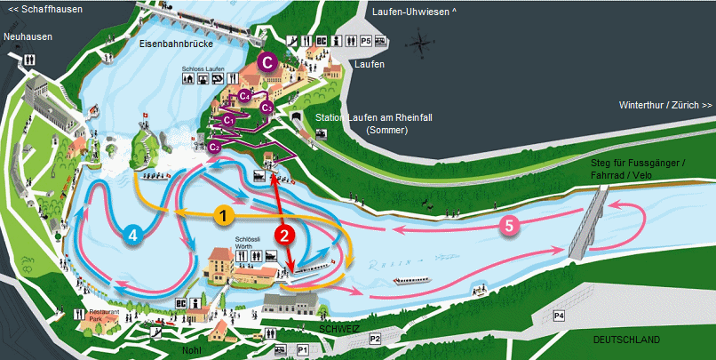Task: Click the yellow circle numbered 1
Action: click(226, 214)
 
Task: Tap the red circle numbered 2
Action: click(285, 235)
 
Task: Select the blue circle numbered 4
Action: click(132, 235)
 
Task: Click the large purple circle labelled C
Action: click(266, 62)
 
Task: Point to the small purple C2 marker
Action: click(214, 147)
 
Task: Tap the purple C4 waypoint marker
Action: click(245, 94)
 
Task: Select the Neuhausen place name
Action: click(28, 36)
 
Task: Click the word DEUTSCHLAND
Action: click(626, 340)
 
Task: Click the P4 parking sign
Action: click(559, 316)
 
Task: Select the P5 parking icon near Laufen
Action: click(365, 41)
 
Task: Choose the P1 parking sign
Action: click(301, 350)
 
